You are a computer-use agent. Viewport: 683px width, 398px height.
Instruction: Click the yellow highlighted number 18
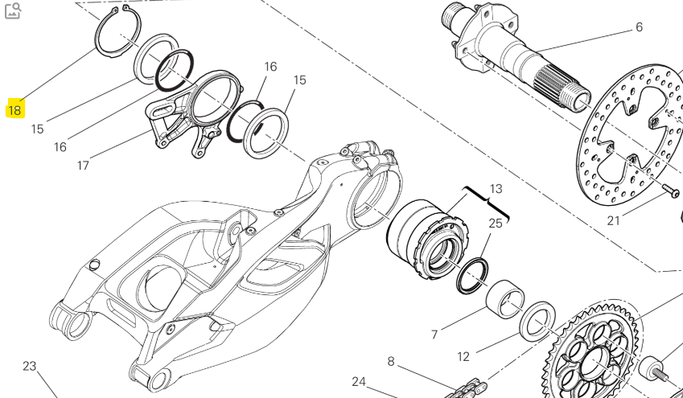pos(14,110)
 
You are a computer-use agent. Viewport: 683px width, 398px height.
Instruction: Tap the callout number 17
pos(83,166)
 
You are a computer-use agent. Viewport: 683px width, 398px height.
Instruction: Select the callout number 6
pos(639,27)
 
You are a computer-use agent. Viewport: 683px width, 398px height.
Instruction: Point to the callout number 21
pos(614,220)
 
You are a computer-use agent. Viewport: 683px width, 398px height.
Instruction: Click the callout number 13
pos(496,189)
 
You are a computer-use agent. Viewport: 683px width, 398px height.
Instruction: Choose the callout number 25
pos(496,223)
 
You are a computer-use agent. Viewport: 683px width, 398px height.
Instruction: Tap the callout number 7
pos(434,334)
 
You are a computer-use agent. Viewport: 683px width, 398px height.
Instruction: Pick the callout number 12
pos(463,356)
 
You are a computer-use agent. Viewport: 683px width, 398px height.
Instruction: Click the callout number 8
pos(391,361)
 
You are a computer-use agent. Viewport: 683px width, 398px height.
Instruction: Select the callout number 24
pos(359,381)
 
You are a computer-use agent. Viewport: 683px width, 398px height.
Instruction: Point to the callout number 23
pos(30,366)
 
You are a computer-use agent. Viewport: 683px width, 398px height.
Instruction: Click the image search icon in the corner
pos(13,10)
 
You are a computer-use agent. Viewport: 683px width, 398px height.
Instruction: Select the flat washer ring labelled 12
pos(537,319)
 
